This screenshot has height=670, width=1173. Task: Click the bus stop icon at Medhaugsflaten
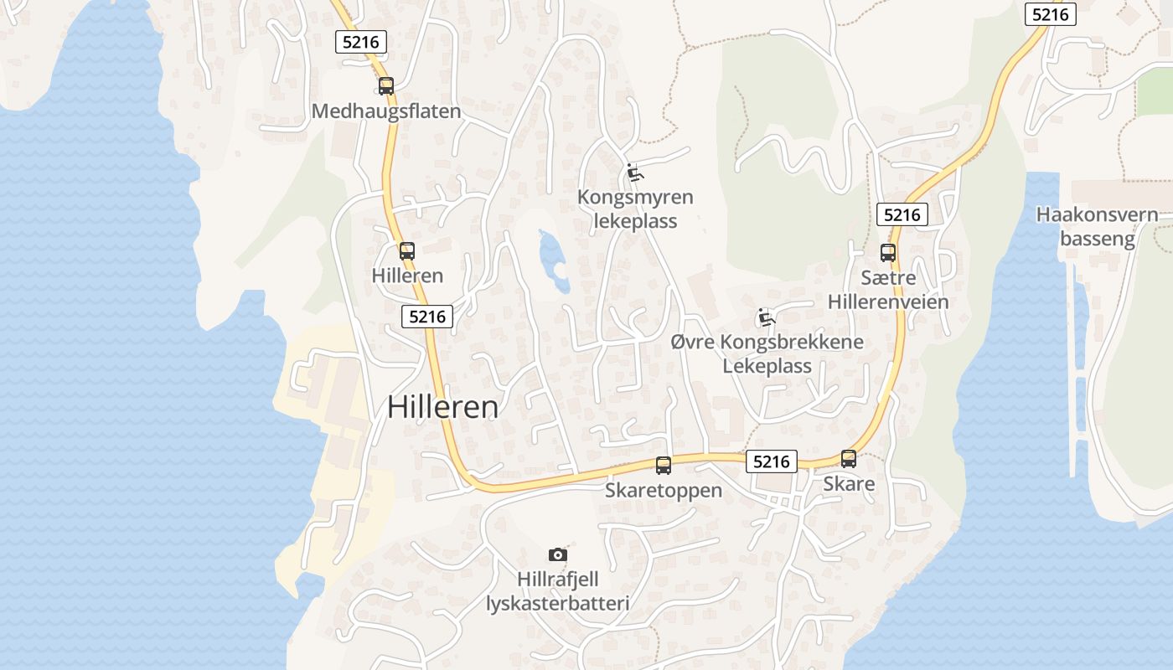(x=386, y=85)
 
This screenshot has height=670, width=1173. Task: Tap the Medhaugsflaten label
(x=386, y=111)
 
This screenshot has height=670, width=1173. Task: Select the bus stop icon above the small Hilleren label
(x=407, y=250)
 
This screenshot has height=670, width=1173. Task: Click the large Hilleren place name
(x=442, y=407)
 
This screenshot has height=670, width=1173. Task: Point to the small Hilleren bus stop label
(x=407, y=275)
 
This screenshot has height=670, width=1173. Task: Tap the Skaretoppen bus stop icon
(x=664, y=466)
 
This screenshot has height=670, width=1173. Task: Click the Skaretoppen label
(x=664, y=490)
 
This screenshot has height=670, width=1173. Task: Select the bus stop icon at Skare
(x=849, y=459)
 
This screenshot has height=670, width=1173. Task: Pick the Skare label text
(x=849, y=483)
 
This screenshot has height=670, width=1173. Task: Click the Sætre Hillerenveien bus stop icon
(x=888, y=252)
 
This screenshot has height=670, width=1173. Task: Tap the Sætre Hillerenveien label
(x=888, y=289)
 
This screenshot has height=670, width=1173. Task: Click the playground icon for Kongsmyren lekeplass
(x=635, y=173)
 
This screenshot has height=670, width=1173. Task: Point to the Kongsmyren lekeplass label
(x=635, y=209)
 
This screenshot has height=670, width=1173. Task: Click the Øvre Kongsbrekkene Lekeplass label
(x=767, y=354)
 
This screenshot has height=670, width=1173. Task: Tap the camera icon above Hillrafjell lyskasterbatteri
(x=558, y=554)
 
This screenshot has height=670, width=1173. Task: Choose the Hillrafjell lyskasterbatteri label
(x=558, y=590)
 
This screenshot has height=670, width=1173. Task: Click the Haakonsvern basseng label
(x=1097, y=226)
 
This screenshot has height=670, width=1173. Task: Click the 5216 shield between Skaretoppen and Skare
(x=772, y=461)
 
